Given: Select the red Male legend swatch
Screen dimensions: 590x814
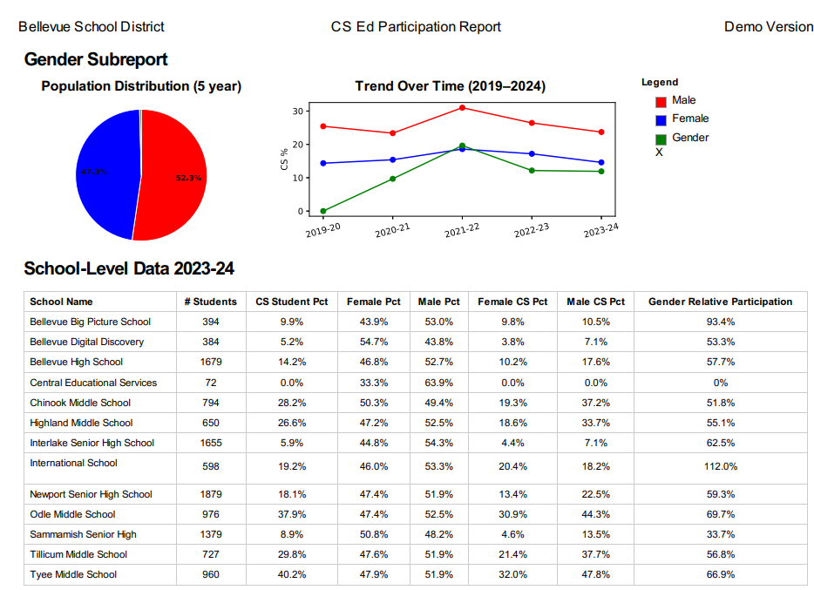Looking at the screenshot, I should point(661,102).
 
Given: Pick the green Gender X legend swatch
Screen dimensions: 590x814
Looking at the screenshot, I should point(661,139).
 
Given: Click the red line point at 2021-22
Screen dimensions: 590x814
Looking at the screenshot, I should point(462,107).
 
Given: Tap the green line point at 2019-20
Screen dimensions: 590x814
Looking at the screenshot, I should point(323,211).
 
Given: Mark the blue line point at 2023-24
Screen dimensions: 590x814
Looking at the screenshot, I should point(601,162).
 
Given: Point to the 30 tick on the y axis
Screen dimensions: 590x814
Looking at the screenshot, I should point(298,111).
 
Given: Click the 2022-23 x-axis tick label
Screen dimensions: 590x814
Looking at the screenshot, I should point(532,231).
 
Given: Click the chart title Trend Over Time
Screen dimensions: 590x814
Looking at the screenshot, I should point(451,86).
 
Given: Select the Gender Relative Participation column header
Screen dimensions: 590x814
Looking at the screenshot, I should point(720,302).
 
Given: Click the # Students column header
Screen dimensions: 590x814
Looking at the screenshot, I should point(210,302).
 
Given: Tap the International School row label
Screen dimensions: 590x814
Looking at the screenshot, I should point(73,463).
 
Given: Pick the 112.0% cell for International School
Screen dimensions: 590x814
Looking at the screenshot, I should point(720,466).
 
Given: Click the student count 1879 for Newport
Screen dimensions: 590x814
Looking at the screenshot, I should point(210,494).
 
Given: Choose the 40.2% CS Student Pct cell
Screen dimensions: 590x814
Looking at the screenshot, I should point(292,574).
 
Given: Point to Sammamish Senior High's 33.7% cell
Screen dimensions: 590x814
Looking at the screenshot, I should point(720,534).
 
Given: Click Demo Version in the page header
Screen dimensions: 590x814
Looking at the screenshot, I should point(769,27).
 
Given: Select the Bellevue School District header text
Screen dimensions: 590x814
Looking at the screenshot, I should point(92,27).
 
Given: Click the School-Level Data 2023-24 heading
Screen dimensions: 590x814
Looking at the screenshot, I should point(129,268).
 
